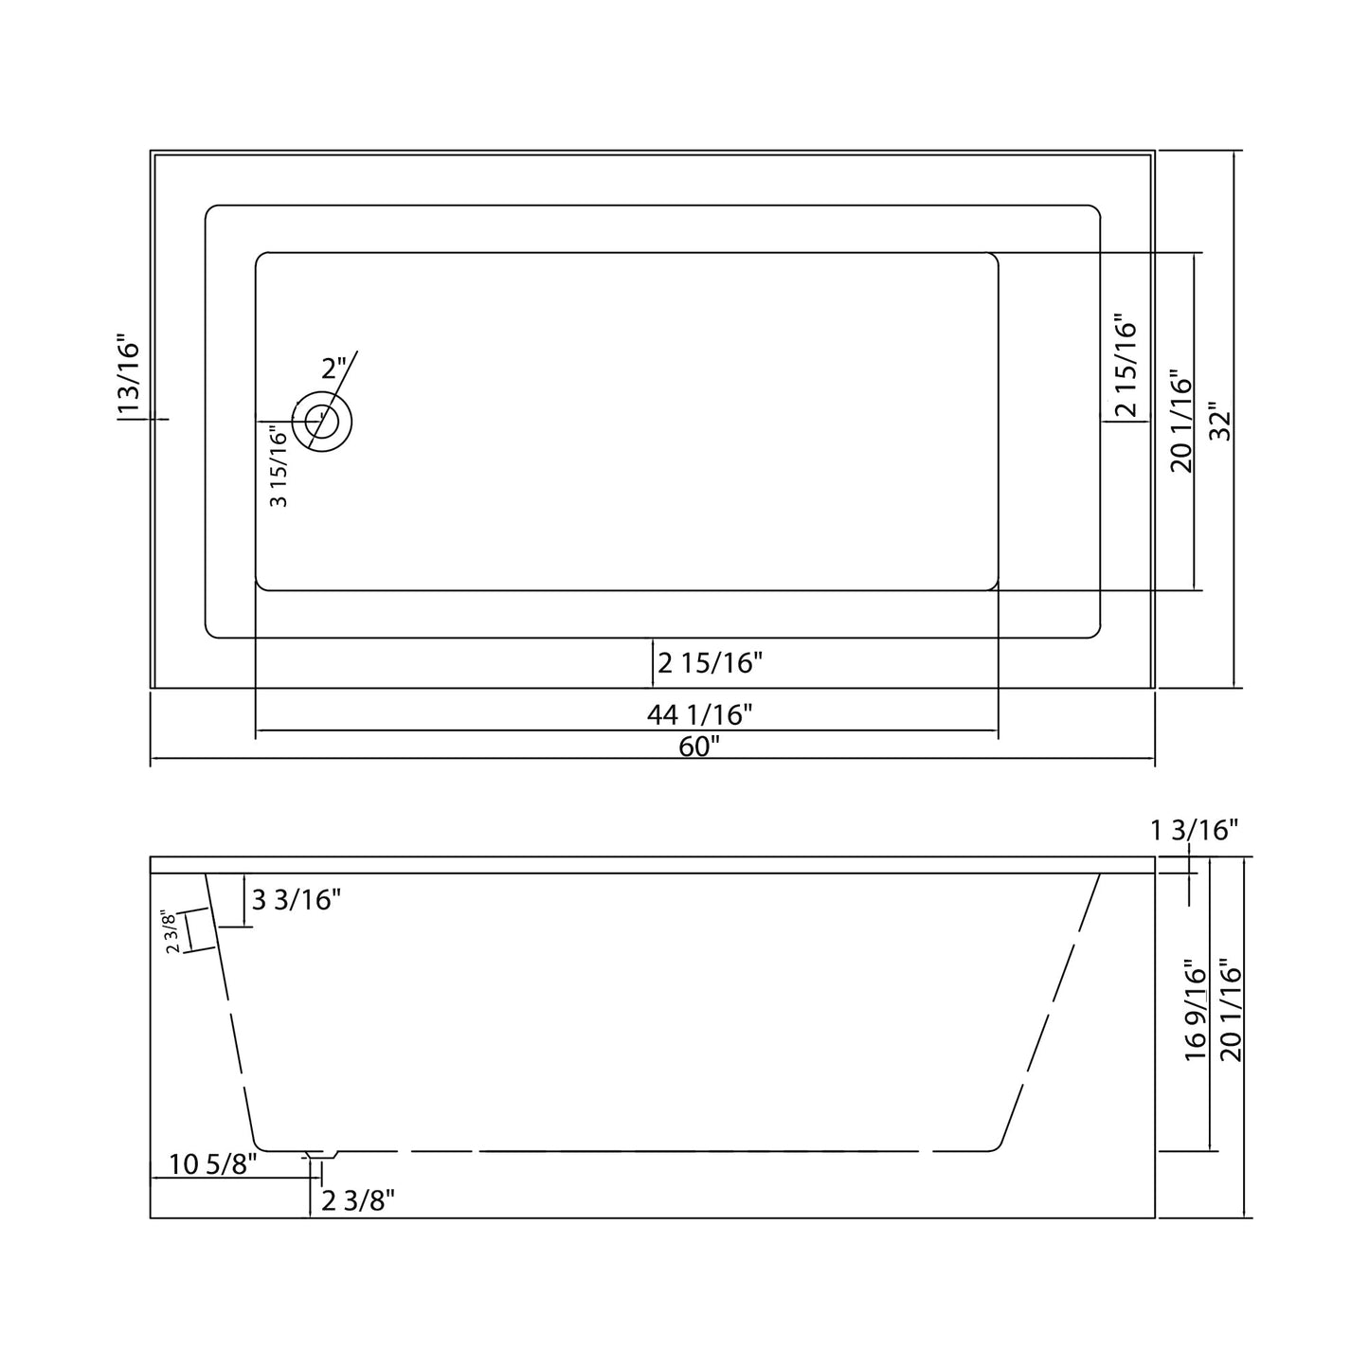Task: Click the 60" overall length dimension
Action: [699, 747]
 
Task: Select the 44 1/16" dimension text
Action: [699, 714]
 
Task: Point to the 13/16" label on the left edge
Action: [129, 375]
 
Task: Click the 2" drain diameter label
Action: [333, 369]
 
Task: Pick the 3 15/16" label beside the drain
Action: [279, 466]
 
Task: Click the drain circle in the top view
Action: [322, 421]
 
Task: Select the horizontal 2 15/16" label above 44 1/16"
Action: [710, 663]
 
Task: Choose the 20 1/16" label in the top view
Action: [1180, 422]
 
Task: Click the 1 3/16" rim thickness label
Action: [1194, 831]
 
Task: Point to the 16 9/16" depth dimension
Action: [1196, 1011]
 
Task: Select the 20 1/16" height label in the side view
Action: [1231, 1011]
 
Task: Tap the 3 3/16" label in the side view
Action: [296, 899]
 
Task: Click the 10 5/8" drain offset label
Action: [213, 1163]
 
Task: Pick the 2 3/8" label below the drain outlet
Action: [358, 1201]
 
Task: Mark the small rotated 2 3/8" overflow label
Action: [172, 932]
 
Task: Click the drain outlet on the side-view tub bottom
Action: [321, 1155]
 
